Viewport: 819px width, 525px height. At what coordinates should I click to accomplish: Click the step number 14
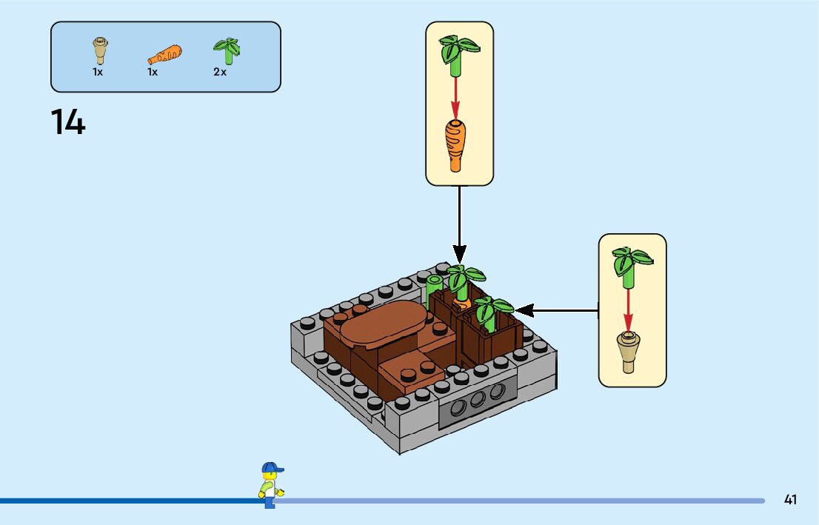(68, 121)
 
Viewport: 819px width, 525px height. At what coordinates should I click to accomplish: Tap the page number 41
(790, 500)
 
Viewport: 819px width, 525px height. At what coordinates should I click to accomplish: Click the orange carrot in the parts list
(164, 55)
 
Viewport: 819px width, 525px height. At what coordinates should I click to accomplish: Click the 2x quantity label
(220, 73)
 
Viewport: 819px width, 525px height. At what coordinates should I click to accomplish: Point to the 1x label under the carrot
(153, 73)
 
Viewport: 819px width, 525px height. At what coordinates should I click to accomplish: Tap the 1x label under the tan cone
(98, 73)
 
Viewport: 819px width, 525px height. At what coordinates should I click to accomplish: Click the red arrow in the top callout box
(456, 96)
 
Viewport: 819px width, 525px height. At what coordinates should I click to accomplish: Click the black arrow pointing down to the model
(459, 222)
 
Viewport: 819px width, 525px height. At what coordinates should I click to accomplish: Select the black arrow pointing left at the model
(555, 310)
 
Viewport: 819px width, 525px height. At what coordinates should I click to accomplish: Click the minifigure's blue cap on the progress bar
(271, 468)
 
